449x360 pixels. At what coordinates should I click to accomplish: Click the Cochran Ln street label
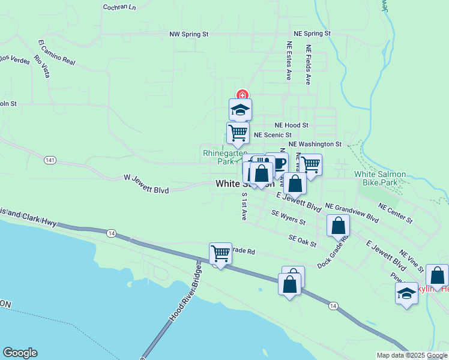pyautogui.click(x=119, y=7)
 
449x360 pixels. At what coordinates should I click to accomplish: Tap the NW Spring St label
pyautogui.click(x=188, y=35)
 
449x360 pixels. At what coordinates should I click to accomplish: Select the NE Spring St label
pyautogui.click(x=312, y=34)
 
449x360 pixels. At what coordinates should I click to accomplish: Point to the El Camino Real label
pyautogui.click(x=56, y=52)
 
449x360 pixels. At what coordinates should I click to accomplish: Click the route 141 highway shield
pyautogui.click(x=50, y=160)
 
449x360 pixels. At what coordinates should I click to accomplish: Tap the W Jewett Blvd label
pyautogui.click(x=146, y=183)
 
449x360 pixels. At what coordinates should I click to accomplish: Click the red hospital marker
pyautogui.click(x=242, y=95)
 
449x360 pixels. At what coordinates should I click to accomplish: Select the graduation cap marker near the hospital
pyautogui.click(x=240, y=110)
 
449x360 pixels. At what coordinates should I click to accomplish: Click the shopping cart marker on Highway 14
pyautogui.click(x=220, y=254)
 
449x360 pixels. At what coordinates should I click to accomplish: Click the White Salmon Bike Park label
pyautogui.click(x=384, y=178)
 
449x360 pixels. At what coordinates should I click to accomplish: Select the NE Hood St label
pyautogui.click(x=291, y=125)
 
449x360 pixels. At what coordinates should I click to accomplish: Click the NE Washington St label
pyautogui.click(x=315, y=145)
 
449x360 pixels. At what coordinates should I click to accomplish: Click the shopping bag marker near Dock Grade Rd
pyautogui.click(x=339, y=226)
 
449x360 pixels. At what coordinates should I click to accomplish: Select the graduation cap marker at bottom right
pyautogui.click(x=406, y=294)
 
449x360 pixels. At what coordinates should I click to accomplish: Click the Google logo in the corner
pyautogui.click(x=20, y=353)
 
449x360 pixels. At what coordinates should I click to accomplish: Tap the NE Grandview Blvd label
pyautogui.click(x=352, y=212)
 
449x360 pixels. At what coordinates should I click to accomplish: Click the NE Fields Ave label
pyautogui.click(x=309, y=65)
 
